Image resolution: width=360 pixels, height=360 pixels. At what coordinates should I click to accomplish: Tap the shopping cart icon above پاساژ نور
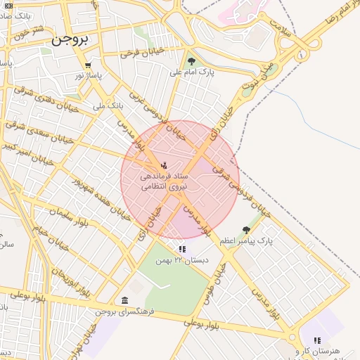pos(87,65)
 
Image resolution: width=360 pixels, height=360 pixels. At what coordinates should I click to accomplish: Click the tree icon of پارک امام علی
pos(191,61)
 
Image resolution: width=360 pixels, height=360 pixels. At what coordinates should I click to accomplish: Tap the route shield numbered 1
pos(302,53)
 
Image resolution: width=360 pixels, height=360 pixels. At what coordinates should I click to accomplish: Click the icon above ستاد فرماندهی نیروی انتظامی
pos(164,166)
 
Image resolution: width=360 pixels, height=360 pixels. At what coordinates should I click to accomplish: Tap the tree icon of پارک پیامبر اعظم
pos(245,230)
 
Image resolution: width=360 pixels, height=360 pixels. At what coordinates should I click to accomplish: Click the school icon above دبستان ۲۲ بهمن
pos(182,248)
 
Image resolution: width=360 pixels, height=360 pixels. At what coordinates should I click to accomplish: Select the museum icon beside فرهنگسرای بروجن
pos(124,301)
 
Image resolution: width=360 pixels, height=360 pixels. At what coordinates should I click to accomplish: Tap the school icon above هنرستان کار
pos(317,340)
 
